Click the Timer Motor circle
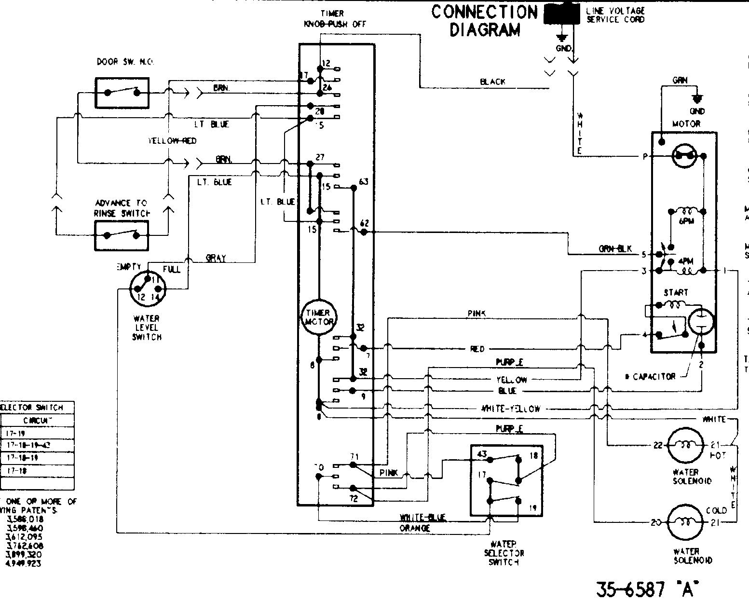318,318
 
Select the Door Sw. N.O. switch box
122,93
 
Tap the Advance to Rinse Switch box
122,235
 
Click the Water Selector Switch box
506,480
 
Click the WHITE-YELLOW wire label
511,409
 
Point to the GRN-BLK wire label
615,249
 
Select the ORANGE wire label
414,528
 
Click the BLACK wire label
492,82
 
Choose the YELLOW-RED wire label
172,141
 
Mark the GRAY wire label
216,258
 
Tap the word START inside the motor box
676,292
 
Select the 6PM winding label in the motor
686,221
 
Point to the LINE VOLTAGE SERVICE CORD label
615,15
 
